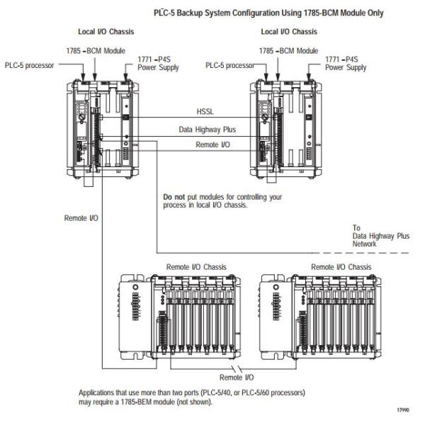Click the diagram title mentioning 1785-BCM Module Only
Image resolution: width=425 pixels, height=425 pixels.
pos(268,13)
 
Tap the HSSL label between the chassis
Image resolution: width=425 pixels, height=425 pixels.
pos(205,112)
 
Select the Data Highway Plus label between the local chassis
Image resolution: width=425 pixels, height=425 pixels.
pos(205,130)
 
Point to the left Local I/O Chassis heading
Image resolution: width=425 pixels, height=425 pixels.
pos(105,31)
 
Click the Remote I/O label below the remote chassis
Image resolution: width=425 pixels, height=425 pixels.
pos(237,378)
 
